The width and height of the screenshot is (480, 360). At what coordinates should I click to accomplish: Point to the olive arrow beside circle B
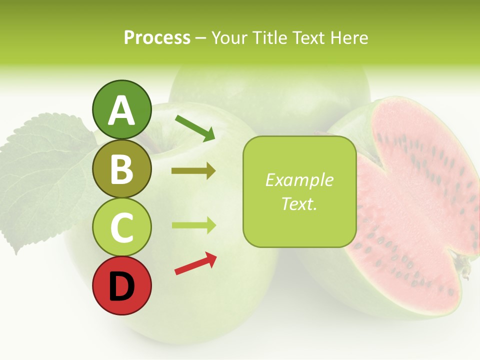coord(193,171)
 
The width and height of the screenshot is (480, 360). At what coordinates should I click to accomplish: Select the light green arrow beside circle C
coord(193,225)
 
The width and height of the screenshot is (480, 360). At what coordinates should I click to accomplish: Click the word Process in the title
coord(157,38)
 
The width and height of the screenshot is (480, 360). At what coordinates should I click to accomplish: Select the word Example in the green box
coord(299,180)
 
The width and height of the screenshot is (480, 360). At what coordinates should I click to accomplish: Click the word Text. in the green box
coord(299,203)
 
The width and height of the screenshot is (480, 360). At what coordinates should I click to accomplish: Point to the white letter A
coord(121,110)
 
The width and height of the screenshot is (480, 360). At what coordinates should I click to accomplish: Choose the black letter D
coord(121,286)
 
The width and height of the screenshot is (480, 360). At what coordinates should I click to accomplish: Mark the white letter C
coord(121,227)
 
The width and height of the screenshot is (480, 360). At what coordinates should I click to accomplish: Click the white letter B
coord(121,169)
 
